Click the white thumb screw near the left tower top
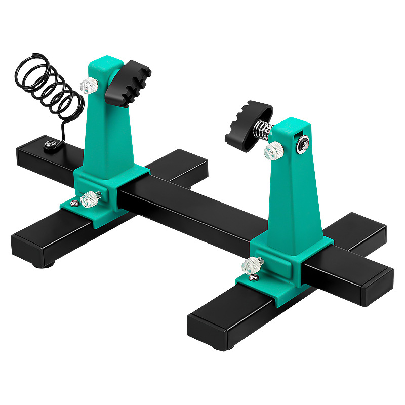click(89, 86)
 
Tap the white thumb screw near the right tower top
click(274, 150)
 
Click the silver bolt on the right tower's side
click(302, 143)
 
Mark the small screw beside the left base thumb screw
click(74, 203)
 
